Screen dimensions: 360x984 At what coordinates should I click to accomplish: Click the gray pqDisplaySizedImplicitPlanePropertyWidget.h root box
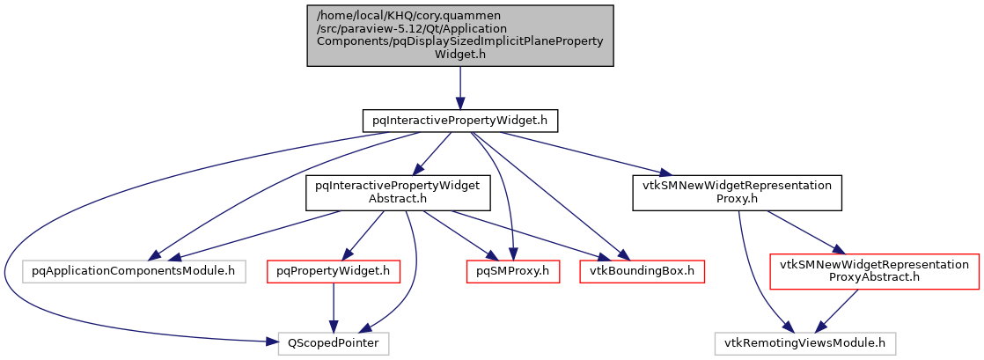(x=459, y=34)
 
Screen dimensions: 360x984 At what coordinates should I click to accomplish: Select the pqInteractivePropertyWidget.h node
(x=460, y=118)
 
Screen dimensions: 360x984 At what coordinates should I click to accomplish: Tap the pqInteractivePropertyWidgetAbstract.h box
(x=393, y=193)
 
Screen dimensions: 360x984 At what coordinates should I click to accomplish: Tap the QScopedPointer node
(x=334, y=342)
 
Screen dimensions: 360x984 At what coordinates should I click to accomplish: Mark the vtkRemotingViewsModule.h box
(x=805, y=342)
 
